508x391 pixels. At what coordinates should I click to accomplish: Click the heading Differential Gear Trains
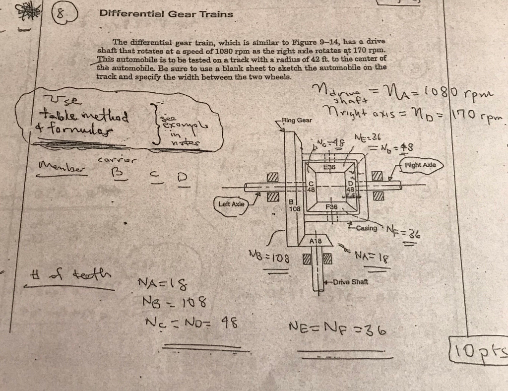coord(166,14)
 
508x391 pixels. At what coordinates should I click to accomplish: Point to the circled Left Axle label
coord(232,203)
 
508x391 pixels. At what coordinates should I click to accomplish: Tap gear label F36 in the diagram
coord(331,206)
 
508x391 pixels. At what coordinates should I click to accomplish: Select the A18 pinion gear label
coord(316,241)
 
